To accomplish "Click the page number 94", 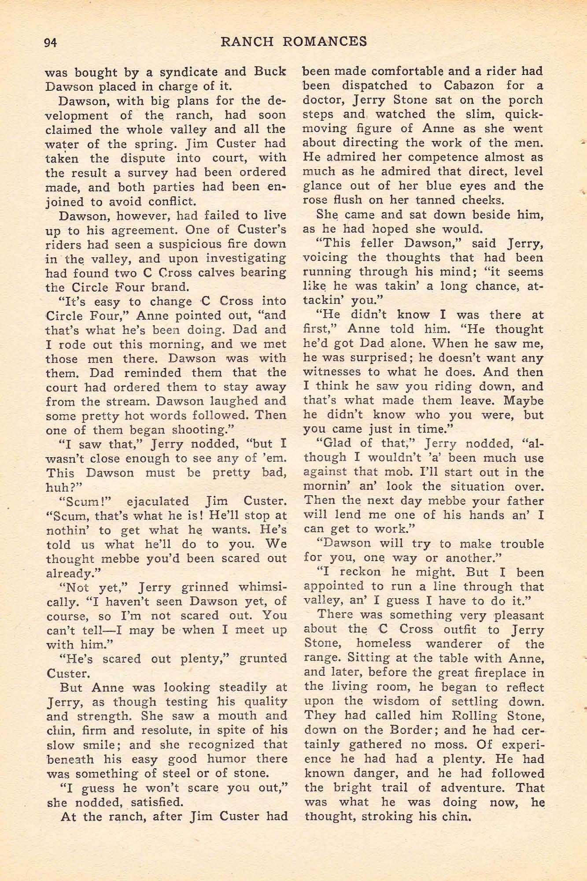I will point(50,42).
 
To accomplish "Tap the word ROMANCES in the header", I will point(325,41).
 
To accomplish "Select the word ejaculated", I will point(158,501).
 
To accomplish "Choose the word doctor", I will point(320,100).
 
